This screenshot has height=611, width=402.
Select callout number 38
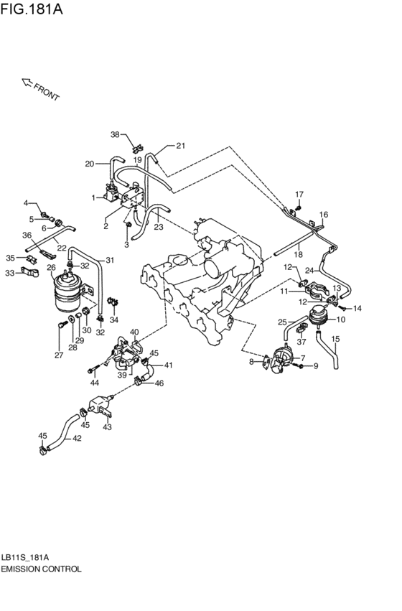[x=114, y=134]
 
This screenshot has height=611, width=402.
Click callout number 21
[x=180, y=146]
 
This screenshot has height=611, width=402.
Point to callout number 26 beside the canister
[x=51, y=268]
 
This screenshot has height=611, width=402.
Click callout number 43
[x=108, y=427]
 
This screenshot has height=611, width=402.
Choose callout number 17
[x=299, y=195]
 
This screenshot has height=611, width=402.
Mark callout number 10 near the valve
[x=341, y=320]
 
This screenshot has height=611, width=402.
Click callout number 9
[x=314, y=366]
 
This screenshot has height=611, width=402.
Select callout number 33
[x=9, y=273]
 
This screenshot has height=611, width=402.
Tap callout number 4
[x=26, y=203]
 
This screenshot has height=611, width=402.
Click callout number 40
[x=134, y=332]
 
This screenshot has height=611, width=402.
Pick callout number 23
[x=158, y=227]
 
